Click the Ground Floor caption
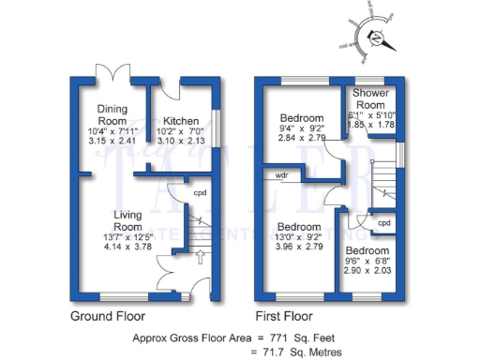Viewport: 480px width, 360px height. tap(110, 316)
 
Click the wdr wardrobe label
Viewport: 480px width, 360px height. tap(281, 175)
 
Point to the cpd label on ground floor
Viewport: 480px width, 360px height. tap(199, 193)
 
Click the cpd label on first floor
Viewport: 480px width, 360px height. tap(384, 224)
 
